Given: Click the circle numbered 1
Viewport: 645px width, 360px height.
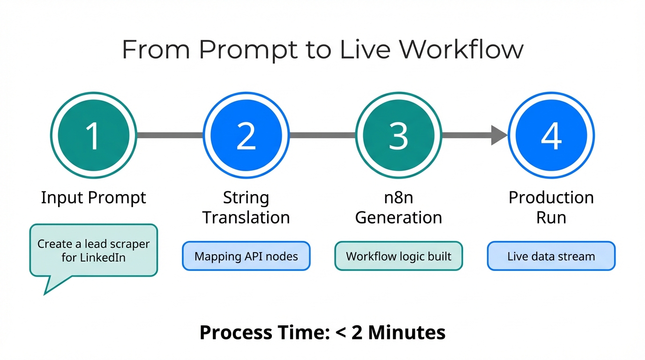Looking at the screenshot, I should (x=93, y=135).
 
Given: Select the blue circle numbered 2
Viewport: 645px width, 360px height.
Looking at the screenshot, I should (x=246, y=135).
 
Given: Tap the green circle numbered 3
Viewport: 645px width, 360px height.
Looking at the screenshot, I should (x=398, y=135).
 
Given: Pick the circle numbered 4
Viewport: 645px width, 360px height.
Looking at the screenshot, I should (x=551, y=135).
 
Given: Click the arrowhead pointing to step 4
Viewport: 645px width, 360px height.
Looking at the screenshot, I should (x=499, y=135).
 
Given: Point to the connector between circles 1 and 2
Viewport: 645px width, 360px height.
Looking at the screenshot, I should (x=170, y=135).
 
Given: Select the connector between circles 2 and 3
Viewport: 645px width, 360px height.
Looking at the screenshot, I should (x=322, y=135).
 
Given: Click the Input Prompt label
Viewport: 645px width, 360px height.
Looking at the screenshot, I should (x=93, y=197).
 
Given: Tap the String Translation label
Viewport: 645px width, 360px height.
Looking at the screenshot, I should (x=246, y=207).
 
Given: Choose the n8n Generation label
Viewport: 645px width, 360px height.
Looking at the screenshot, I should (x=398, y=207).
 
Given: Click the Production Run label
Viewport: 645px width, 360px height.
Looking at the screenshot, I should (x=551, y=207).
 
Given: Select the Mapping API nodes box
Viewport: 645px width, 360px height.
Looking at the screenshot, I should (x=246, y=256).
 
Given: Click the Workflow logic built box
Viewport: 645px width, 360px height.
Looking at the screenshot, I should (x=398, y=256).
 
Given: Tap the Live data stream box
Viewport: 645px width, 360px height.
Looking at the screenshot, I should (x=551, y=256).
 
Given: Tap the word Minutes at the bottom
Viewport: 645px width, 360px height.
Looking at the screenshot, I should (x=406, y=332).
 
